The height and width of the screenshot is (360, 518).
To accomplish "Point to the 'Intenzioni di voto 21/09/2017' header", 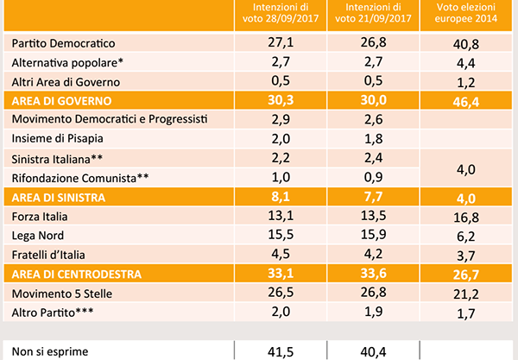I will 374,15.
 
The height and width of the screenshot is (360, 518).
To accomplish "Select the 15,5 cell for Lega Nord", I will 280,236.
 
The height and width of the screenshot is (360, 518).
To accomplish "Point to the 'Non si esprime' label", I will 50,351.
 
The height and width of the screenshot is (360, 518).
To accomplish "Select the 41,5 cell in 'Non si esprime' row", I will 280,351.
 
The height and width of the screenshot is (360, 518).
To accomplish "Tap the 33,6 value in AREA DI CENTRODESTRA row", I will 374,275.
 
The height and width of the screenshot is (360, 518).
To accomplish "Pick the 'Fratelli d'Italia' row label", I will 51,255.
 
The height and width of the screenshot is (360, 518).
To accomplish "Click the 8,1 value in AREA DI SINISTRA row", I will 280,198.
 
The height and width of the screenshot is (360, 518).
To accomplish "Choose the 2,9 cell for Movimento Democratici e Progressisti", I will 280,120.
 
